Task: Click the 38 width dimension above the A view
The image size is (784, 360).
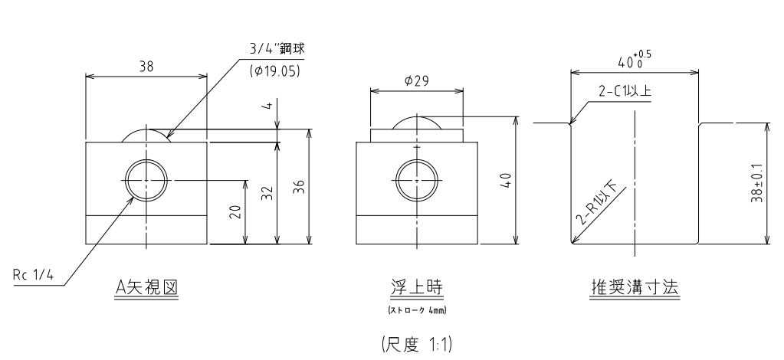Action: click(x=146, y=66)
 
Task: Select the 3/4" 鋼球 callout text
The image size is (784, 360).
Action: click(x=277, y=49)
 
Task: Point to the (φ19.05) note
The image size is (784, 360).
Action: click(x=274, y=71)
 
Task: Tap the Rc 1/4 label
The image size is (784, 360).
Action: click(x=33, y=275)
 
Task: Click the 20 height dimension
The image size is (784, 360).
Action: click(x=238, y=212)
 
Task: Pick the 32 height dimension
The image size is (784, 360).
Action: click(x=268, y=193)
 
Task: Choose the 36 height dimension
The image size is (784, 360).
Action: click(x=300, y=186)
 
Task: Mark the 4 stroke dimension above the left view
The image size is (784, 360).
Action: click(x=268, y=105)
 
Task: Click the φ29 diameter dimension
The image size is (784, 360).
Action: click(x=416, y=80)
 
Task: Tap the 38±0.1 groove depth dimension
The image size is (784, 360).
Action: click(x=756, y=183)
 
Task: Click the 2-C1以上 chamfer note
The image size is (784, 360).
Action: click(x=625, y=91)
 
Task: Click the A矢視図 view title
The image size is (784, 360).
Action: click(x=146, y=287)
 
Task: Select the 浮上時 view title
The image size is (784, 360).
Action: click(x=416, y=287)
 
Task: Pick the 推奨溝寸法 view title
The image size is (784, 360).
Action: click(x=635, y=287)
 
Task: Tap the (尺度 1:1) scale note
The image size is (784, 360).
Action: click(x=416, y=345)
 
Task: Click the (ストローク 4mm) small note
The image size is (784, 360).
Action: click(x=416, y=310)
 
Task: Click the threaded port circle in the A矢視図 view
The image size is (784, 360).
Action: click(x=146, y=159)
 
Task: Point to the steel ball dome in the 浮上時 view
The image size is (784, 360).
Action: click(x=416, y=117)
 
